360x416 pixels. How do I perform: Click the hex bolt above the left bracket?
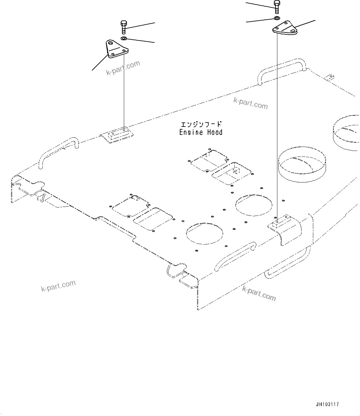123,27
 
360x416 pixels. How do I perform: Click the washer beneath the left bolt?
124,38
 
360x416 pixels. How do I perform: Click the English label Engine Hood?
201,132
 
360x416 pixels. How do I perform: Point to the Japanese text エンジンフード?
201,125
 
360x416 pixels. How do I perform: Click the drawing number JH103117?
327,404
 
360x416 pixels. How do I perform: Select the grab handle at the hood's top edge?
282,71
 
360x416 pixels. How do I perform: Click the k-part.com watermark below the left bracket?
123,68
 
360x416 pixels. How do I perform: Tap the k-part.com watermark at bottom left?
58,286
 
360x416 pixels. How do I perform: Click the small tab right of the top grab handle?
330,77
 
